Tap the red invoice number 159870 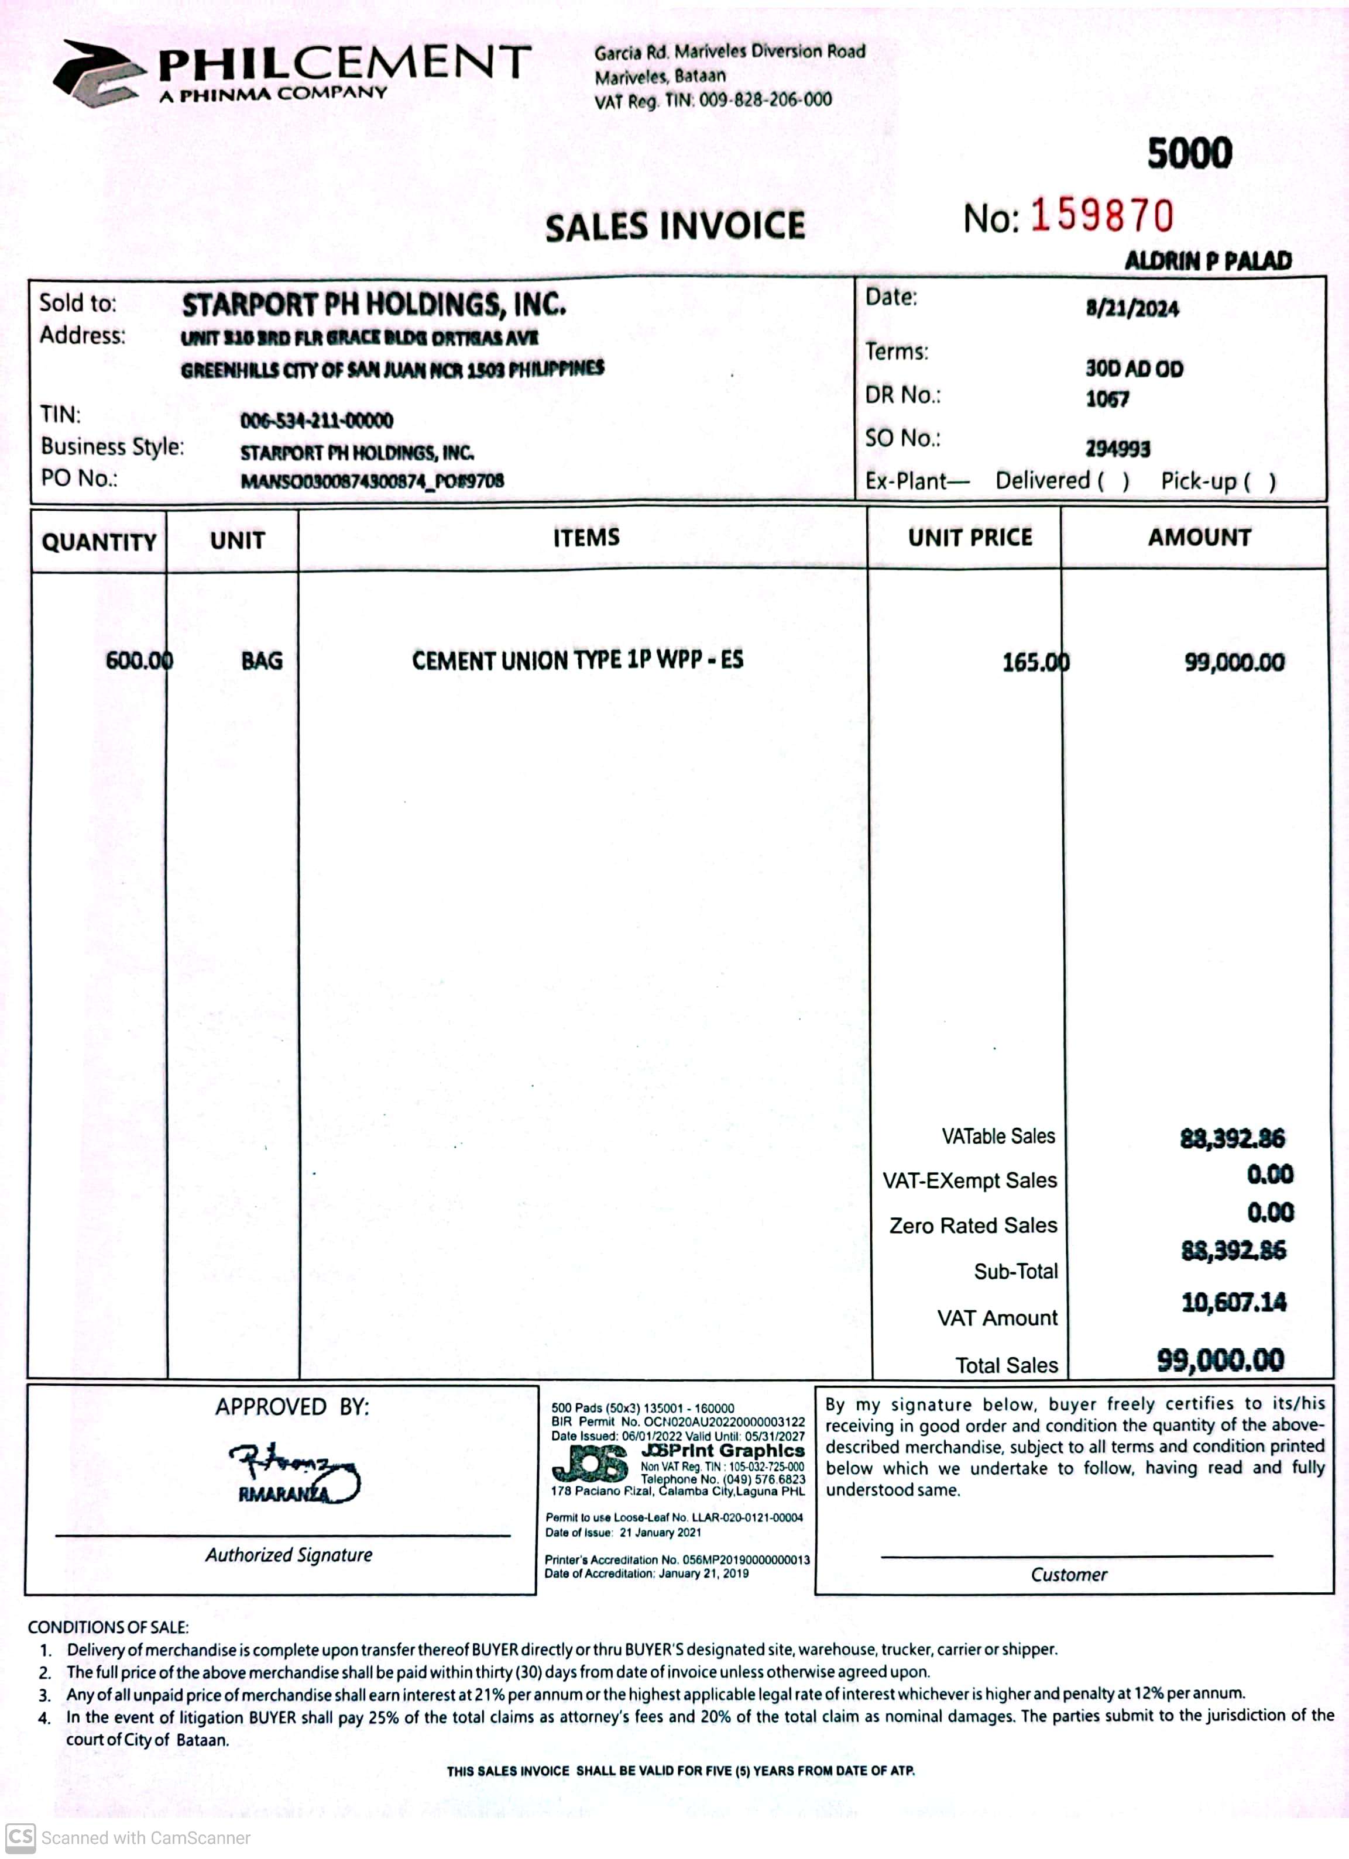pyautogui.click(x=1101, y=216)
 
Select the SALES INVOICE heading pyautogui.click(x=675, y=227)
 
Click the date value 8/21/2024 pyautogui.click(x=1132, y=309)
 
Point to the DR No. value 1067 pyautogui.click(x=1107, y=399)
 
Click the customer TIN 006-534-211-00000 pyautogui.click(x=317, y=421)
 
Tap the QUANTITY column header pyautogui.click(x=98, y=542)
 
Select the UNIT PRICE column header pyautogui.click(x=969, y=538)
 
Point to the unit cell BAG pyautogui.click(x=262, y=660)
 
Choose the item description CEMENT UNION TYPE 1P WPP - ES pyautogui.click(x=577, y=660)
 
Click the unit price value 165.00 pyautogui.click(x=1035, y=662)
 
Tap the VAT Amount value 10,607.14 pyautogui.click(x=1233, y=1303)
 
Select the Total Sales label pyautogui.click(x=1006, y=1365)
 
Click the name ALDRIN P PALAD pyautogui.click(x=1207, y=261)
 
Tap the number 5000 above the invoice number pyautogui.click(x=1189, y=154)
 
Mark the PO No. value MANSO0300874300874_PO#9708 pyautogui.click(x=372, y=481)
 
